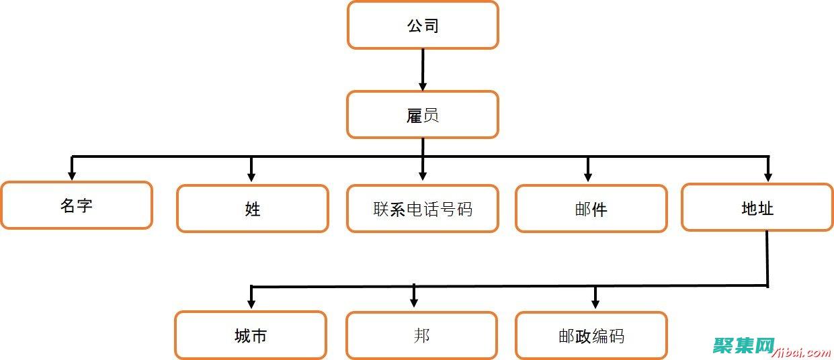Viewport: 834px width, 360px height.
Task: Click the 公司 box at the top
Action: click(x=423, y=26)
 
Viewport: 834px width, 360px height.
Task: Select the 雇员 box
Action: click(x=423, y=115)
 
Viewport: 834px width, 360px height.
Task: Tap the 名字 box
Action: click(x=76, y=206)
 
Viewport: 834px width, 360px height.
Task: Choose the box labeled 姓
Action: click(x=253, y=209)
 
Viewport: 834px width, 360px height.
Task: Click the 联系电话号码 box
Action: click(x=423, y=209)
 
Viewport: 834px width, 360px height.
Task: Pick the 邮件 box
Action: click(x=591, y=209)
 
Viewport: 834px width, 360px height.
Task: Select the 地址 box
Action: click(x=757, y=208)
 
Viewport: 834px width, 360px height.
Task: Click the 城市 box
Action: click(x=251, y=335)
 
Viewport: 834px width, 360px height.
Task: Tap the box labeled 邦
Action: click(x=422, y=335)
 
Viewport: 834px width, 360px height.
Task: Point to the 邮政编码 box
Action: click(x=591, y=335)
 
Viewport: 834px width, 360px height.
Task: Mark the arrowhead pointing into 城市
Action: click(x=251, y=304)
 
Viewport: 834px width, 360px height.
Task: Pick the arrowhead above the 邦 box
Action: click(x=414, y=302)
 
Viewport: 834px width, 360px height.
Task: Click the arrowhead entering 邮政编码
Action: click(x=595, y=304)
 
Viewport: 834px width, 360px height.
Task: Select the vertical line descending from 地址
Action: click(x=767, y=259)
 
